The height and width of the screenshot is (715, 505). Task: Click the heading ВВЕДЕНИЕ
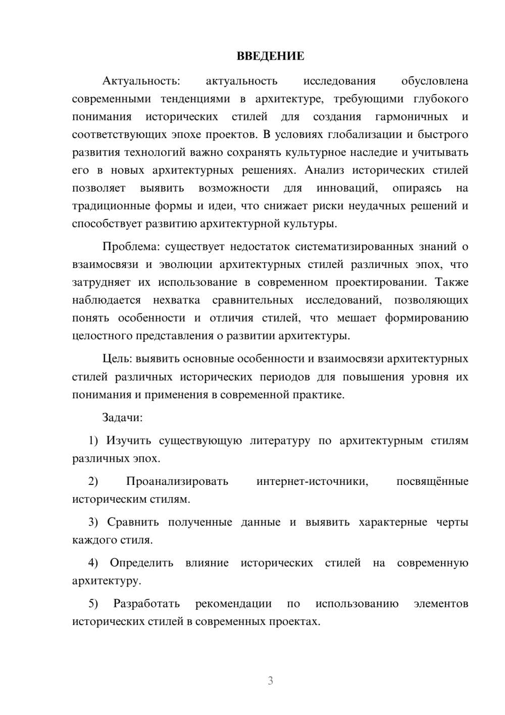click(x=270, y=56)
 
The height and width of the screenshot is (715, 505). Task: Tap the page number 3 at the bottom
click(x=270, y=681)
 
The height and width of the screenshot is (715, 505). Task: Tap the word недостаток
click(x=259, y=247)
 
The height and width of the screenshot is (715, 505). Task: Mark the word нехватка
click(x=176, y=300)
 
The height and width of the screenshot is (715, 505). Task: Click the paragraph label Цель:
click(x=117, y=359)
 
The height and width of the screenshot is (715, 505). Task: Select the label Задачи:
click(x=122, y=418)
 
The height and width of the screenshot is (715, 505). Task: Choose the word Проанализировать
click(x=177, y=481)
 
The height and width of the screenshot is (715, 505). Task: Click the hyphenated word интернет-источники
click(x=312, y=481)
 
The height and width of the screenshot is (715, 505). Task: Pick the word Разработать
click(x=146, y=604)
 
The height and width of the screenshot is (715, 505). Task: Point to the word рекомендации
click(x=233, y=604)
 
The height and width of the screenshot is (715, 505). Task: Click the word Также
click(x=451, y=282)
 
